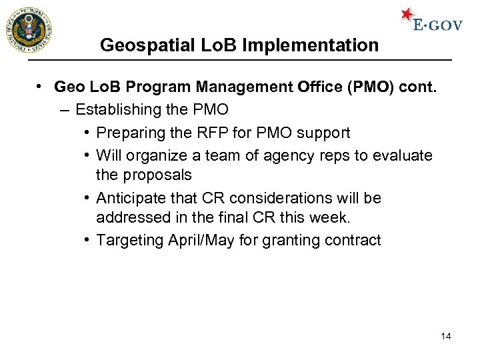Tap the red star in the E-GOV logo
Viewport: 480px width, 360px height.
click(407, 15)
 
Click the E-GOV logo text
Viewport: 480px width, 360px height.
click(437, 25)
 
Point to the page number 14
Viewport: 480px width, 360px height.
click(446, 336)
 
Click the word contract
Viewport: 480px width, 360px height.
click(352, 240)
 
